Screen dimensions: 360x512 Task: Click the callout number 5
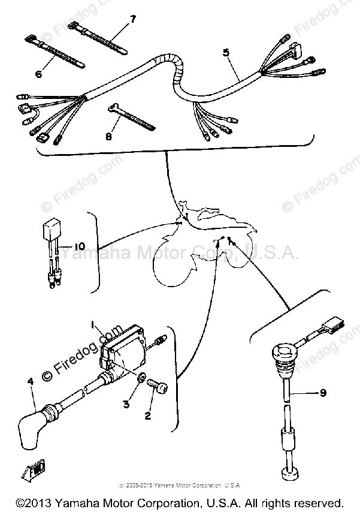[x=226, y=53]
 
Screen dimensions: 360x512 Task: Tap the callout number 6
[x=38, y=74]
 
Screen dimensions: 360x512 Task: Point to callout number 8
[x=109, y=137]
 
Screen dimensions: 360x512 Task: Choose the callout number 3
[x=126, y=404]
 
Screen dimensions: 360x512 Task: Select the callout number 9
[x=323, y=393]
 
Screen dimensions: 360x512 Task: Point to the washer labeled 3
[x=141, y=380]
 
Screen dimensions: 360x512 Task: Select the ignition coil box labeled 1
[x=124, y=346]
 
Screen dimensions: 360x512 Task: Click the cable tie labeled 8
[x=130, y=117]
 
